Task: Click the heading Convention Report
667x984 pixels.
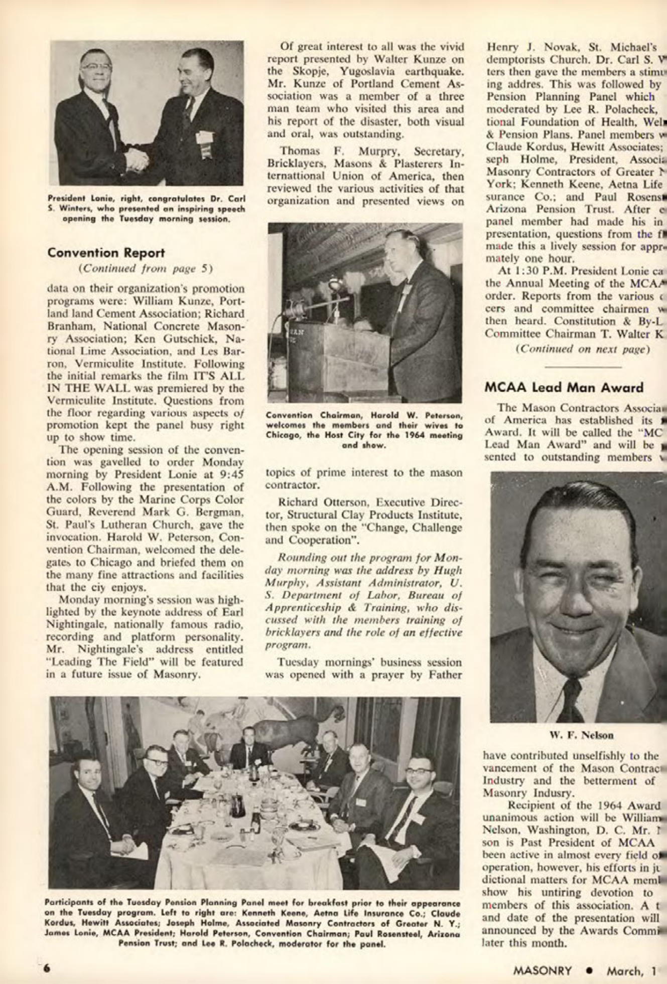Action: pyautogui.click(x=106, y=253)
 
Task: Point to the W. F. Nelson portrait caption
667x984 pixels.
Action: pyautogui.click(x=582, y=736)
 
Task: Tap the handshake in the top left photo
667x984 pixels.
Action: pyautogui.click(x=135, y=159)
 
